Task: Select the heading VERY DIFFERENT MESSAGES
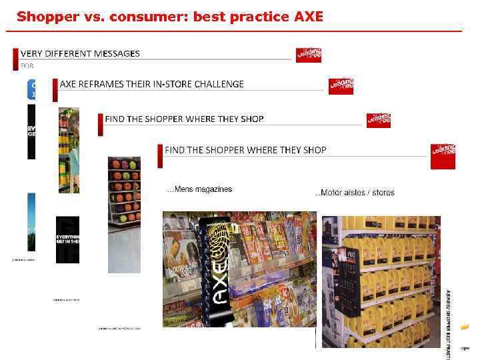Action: point(80,53)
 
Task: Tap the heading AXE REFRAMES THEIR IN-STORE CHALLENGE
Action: point(152,84)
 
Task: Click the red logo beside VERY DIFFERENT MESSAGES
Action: point(309,55)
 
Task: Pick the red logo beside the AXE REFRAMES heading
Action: point(341,86)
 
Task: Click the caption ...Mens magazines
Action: point(199,189)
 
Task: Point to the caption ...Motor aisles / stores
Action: point(355,193)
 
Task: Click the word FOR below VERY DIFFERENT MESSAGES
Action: point(27,65)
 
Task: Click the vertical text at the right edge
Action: point(448,313)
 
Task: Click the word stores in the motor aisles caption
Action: point(383,193)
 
